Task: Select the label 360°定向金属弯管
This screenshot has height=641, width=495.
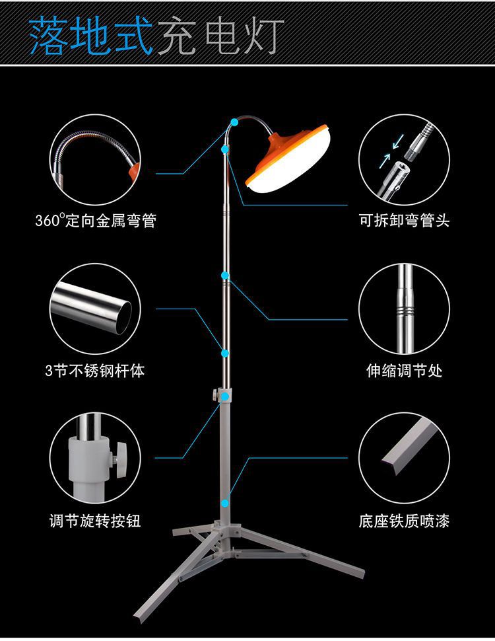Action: (x=96, y=221)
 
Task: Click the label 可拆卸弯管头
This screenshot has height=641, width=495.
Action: (x=404, y=221)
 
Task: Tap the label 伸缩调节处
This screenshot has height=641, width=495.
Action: (x=404, y=371)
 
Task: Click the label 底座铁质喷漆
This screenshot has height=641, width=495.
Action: (x=404, y=521)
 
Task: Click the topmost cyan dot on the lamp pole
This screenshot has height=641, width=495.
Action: (x=235, y=122)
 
